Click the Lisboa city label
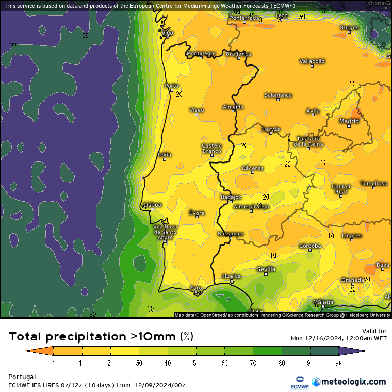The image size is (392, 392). [x=153, y=205]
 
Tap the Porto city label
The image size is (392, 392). [x=171, y=86]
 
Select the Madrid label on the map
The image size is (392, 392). [x=349, y=121]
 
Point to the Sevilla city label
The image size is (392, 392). [x=266, y=269]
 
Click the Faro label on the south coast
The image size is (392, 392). [x=196, y=288]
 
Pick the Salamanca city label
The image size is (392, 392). [x=278, y=95]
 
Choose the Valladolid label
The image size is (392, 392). [x=312, y=61]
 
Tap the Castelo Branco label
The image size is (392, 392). [x=211, y=149]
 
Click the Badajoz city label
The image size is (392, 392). [x=231, y=197]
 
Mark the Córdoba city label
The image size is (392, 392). [x=310, y=246]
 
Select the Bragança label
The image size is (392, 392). [x=238, y=54]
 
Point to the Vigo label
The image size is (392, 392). [x=168, y=32]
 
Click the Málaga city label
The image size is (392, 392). [x=323, y=302]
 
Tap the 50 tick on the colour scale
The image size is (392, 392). [x=196, y=363]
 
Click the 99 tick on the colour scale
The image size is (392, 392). [x=338, y=363]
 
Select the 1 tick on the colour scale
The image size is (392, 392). [x=54, y=363]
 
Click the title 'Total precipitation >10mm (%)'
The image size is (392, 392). [x=101, y=337]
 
